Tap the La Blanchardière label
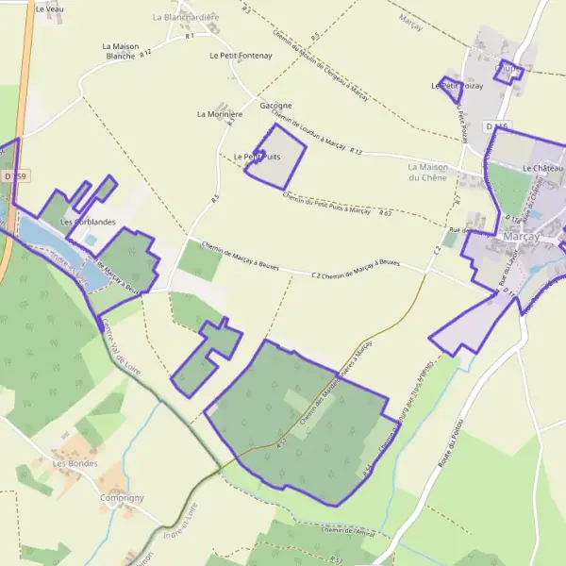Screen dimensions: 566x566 point(185,17)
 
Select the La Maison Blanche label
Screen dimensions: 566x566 point(121,51)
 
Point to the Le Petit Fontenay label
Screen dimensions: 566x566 point(241,56)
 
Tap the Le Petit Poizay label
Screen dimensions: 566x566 point(458,86)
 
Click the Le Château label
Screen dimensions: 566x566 point(541,168)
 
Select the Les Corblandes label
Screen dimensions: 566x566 point(88,222)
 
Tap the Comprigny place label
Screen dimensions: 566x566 point(122,497)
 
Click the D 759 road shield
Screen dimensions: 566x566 point(15,176)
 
